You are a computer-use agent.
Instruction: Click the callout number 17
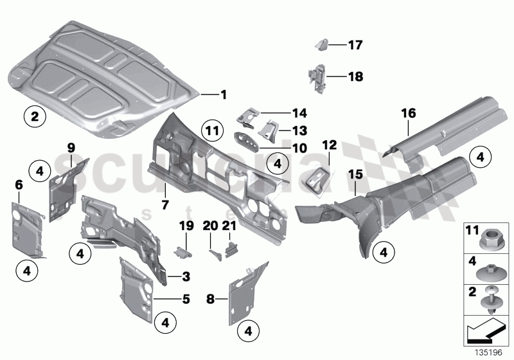pyautogui.click(x=355, y=46)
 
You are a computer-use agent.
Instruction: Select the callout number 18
pyautogui.click(x=355, y=77)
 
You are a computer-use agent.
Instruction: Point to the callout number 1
pyautogui.click(x=223, y=95)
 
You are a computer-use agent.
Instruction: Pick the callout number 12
pyautogui.click(x=329, y=146)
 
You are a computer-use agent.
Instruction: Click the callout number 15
pyautogui.click(x=355, y=174)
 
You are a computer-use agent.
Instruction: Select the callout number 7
pyautogui.click(x=165, y=188)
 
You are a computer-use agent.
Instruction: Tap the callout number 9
pyautogui.click(x=72, y=147)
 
